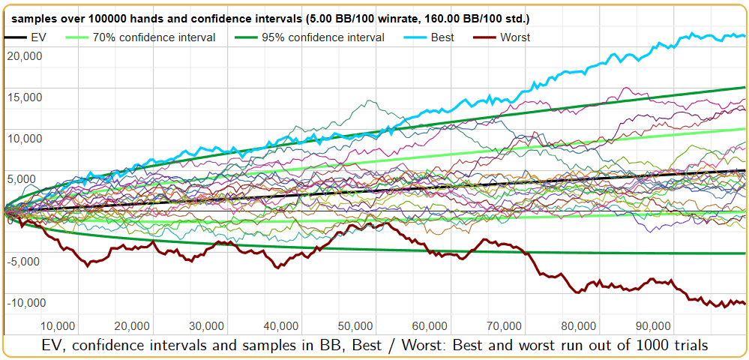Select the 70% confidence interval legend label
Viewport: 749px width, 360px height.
154,37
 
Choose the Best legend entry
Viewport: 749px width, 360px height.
443,37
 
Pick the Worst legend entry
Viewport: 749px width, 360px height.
514,37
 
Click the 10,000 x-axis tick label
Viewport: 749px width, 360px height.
57,326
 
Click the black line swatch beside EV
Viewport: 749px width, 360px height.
15,37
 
